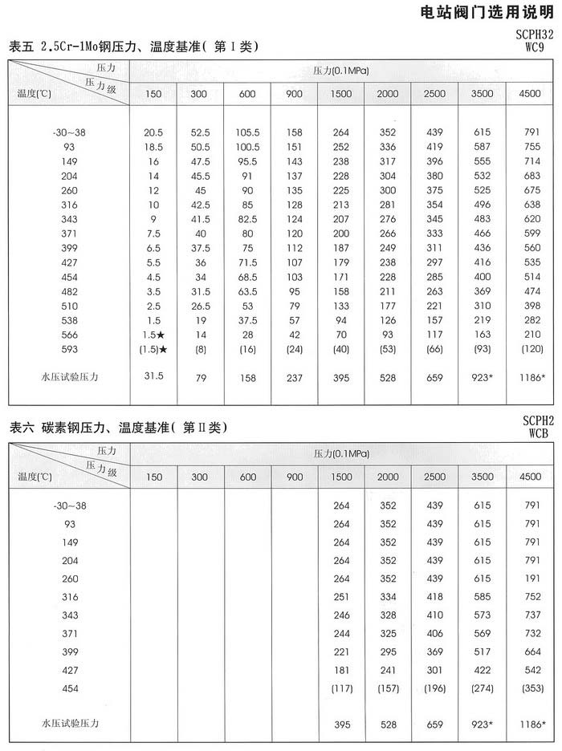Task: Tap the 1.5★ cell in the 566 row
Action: point(153,334)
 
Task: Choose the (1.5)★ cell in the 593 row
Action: point(153,349)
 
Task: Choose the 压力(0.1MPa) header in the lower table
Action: point(342,453)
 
